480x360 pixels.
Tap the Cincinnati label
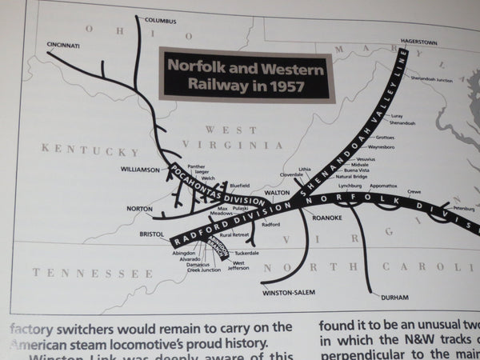point(63,46)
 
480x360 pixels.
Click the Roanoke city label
point(327,217)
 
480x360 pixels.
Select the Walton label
point(276,193)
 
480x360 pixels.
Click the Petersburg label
point(464,208)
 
